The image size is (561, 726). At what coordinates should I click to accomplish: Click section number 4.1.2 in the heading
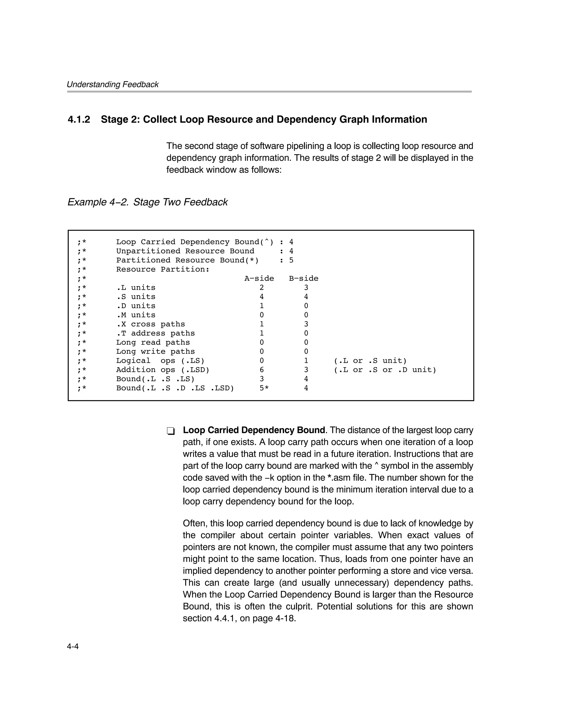coord(79,119)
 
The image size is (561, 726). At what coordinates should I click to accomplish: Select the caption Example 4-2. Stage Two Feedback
coord(148,202)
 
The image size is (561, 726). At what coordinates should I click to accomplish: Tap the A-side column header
coord(259,279)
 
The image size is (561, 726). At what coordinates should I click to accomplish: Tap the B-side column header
coord(303,279)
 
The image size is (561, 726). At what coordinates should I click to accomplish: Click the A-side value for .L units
coord(262,288)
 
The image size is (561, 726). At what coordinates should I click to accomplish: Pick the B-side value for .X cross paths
coord(306,324)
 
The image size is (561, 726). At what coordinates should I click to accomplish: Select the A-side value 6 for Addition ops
coord(262,370)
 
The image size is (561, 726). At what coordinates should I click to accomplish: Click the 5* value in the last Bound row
coord(264,388)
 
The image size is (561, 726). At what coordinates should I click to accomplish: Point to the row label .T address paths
coord(155,333)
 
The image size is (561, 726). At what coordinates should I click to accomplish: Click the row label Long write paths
coord(155,352)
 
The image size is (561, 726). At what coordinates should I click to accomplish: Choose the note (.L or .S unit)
coord(370,361)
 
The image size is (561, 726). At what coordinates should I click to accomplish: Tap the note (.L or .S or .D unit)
coord(385,370)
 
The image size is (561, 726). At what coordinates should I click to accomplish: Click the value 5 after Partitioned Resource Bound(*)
coord(291,260)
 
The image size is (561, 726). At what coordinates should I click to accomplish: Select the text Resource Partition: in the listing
coord(163,269)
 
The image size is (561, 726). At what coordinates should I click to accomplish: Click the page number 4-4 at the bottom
coord(73,647)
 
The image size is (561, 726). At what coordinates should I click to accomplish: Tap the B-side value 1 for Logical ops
coord(306,361)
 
